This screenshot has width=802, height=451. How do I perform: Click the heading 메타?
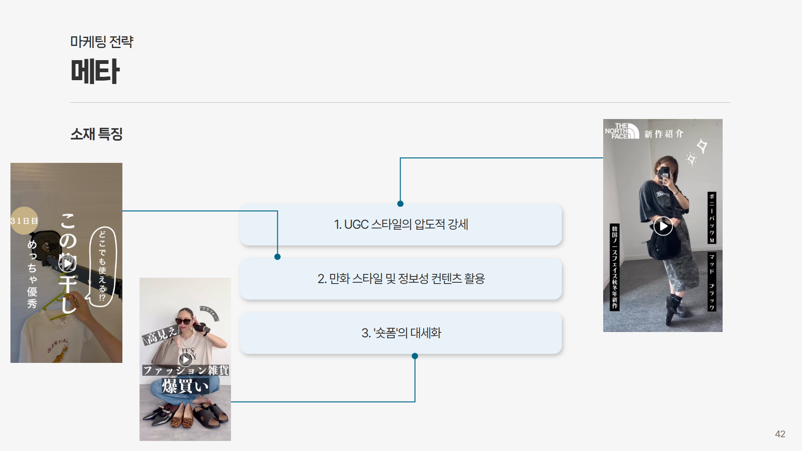click(95, 71)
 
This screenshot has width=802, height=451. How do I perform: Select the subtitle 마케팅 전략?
click(102, 42)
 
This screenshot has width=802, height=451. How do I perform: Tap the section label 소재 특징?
click(96, 134)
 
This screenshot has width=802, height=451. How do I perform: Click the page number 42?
click(780, 434)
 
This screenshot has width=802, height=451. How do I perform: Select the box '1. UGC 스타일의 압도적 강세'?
click(401, 225)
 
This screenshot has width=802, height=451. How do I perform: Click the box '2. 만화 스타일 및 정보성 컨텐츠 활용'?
click(401, 279)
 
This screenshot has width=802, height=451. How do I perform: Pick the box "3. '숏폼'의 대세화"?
click(401, 333)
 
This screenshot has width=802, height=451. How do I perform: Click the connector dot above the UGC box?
click(400, 204)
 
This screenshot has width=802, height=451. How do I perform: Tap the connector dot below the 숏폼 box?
click(415, 356)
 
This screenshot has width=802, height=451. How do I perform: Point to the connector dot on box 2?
click(277, 257)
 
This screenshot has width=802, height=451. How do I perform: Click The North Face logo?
click(622, 131)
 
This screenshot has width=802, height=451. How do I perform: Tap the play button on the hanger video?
click(67, 264)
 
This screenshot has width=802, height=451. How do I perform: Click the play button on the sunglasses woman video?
click(185, 359)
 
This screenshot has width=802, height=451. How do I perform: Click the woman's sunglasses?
click(184, 321)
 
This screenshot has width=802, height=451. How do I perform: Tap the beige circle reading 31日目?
click(24, 220)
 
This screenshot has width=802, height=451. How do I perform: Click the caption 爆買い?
click(185, 386)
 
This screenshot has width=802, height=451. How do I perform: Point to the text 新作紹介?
click(663, 134)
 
